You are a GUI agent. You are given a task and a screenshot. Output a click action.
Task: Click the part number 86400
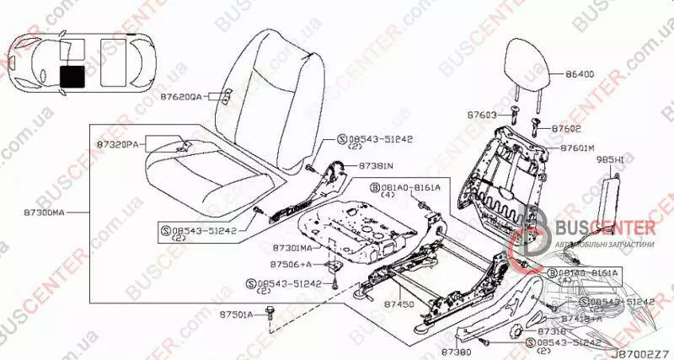coord(580,74)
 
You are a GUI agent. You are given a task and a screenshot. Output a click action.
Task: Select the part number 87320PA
coord(117,145)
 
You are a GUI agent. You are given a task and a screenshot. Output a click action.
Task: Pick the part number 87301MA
coord(293,248)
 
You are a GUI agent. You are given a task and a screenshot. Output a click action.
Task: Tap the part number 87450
coord(398,302)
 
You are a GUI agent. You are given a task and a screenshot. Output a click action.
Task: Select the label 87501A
coord(237,314)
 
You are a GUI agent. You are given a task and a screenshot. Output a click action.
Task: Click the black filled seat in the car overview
coord(72,76)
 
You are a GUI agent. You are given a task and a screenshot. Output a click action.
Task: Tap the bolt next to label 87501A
coord(271,314)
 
